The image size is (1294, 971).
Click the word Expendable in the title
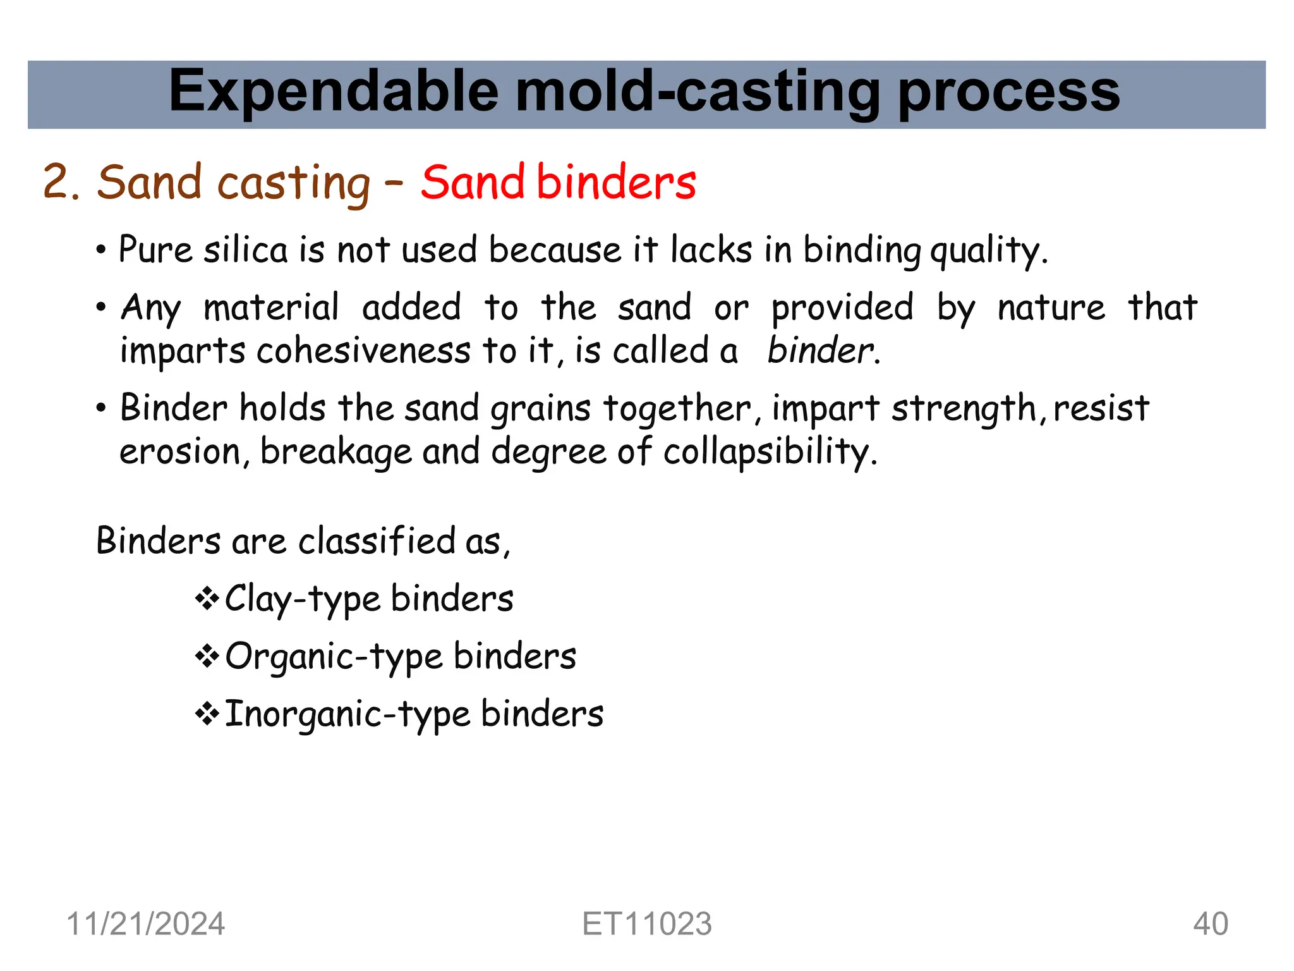point(334,92)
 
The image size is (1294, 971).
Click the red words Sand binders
point(558,182)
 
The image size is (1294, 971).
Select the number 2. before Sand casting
point(61,183)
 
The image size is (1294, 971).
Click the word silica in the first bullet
point(245,249)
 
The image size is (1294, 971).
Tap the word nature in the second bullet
point(1051,308)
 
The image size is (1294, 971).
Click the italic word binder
point(821,350)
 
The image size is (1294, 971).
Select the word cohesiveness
point(363,350)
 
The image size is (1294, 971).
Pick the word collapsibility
point(770,452)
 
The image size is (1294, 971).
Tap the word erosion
point(180,452)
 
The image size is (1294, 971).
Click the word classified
point(377,541)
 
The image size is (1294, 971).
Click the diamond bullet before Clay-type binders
point(207,598)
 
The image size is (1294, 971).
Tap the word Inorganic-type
point(347,714)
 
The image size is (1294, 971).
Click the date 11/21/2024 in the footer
point(145,924)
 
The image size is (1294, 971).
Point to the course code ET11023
point(646,924)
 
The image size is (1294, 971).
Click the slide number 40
point(1210,924)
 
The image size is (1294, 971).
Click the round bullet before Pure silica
point(101,250)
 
